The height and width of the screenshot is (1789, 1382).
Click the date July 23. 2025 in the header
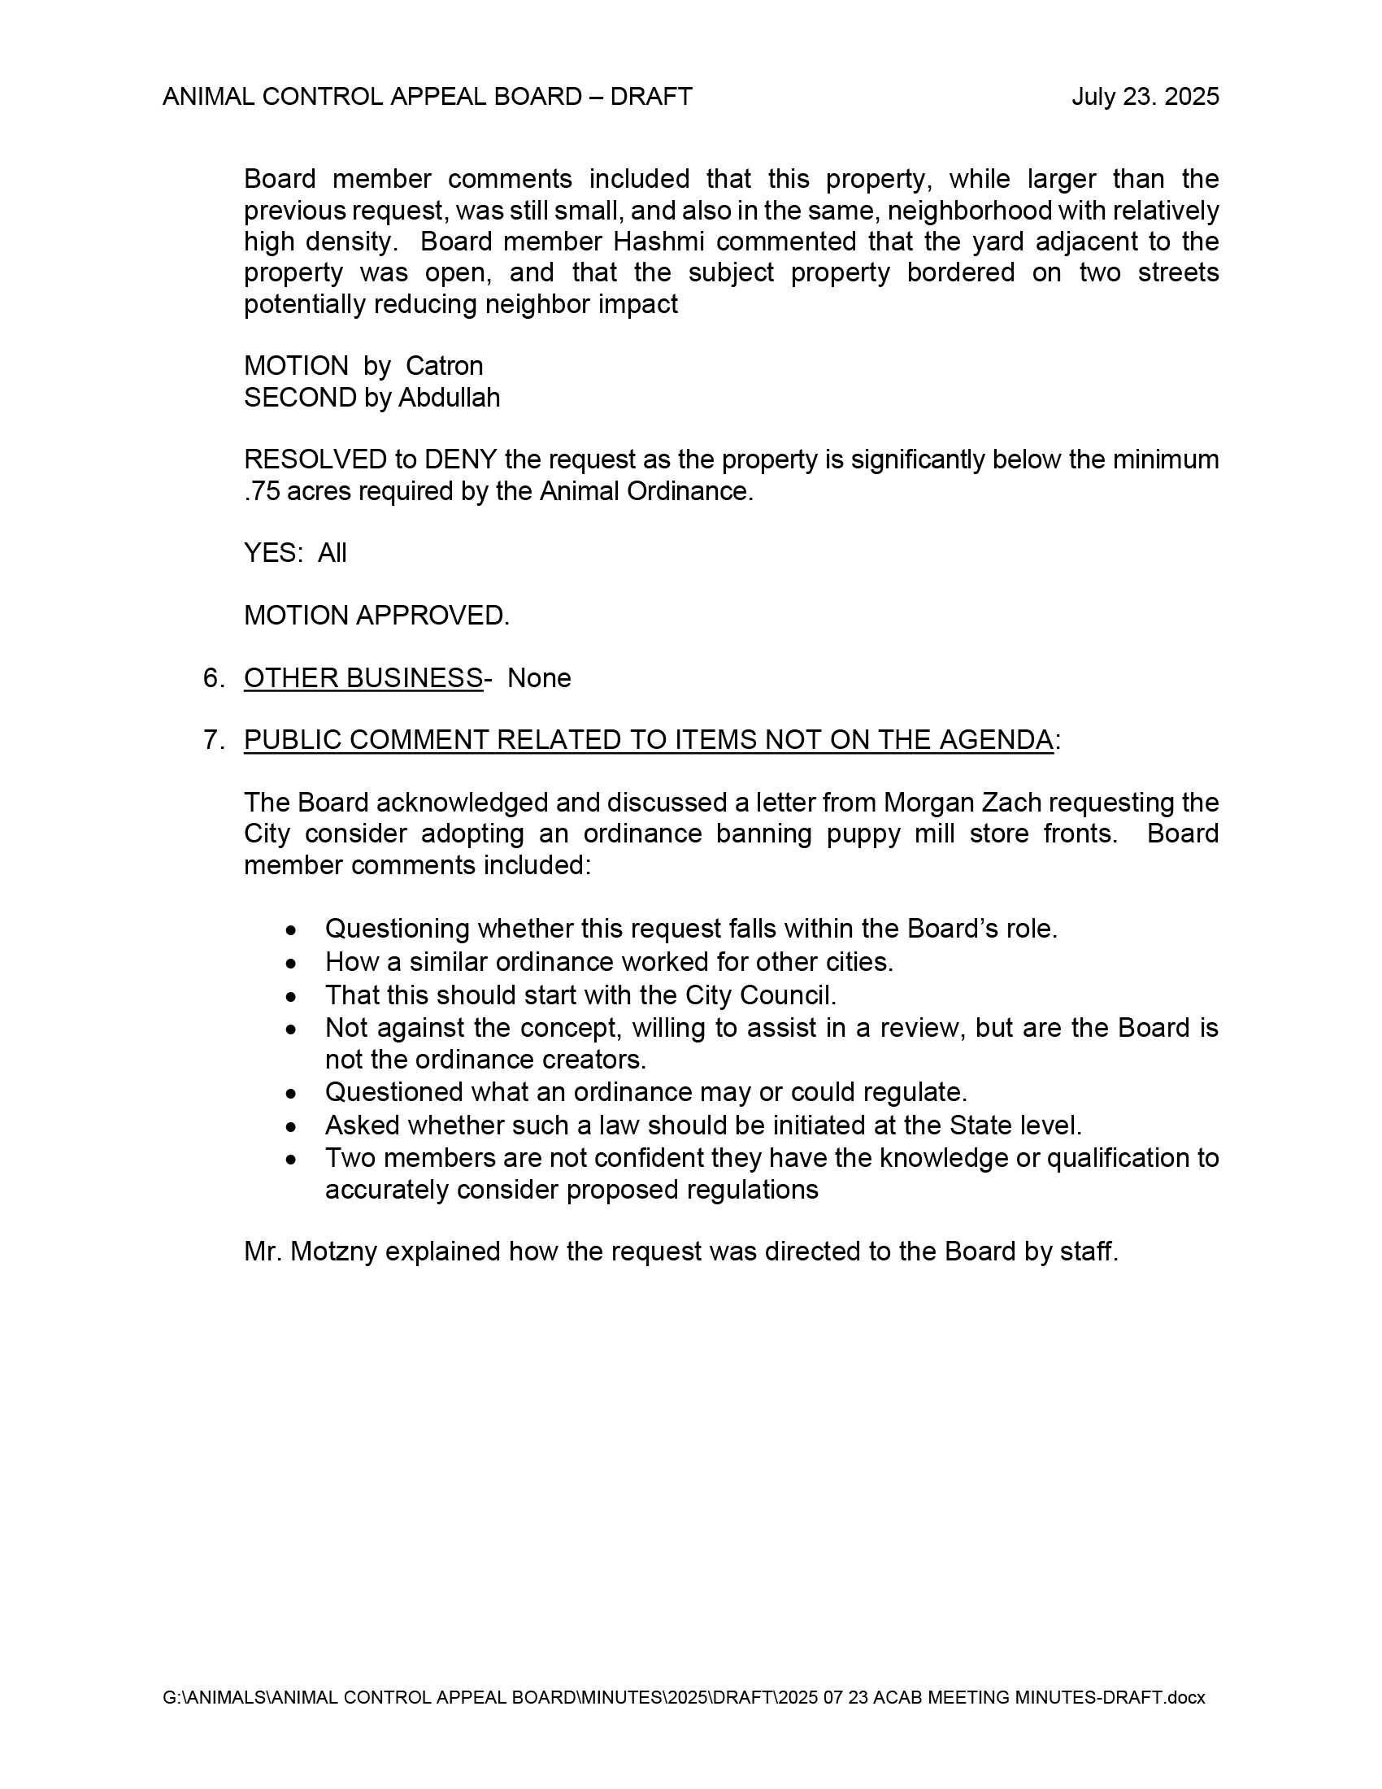coord(1145,97)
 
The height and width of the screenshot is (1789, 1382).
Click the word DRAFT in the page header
coord(651,97)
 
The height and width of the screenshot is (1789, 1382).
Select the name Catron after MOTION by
coord(444,365)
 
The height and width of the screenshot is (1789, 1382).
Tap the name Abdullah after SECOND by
coord(449,398)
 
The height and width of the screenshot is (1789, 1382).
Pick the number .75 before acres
coord(260,491)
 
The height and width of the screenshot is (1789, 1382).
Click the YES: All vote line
coord(295,553)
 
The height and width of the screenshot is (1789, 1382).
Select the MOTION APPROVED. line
coord(376,616)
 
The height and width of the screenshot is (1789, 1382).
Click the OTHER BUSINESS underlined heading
coord(363,678)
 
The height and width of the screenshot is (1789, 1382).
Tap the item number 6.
coord(213,678)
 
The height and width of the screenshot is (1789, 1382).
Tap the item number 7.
coord(213,740)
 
